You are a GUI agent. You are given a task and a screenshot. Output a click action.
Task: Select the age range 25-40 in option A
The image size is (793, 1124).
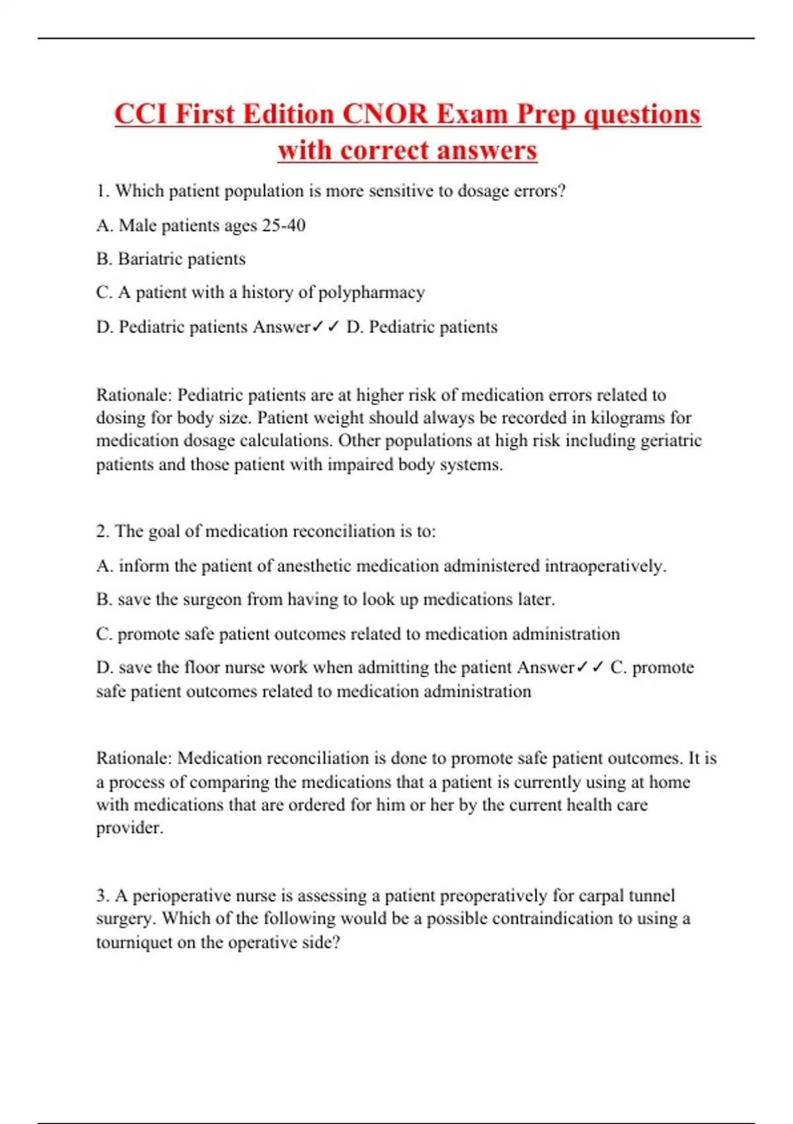tap(283, 225)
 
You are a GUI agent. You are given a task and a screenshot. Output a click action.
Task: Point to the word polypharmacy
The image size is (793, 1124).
tap(371, 292)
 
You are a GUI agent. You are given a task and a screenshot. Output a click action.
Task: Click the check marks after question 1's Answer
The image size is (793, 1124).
tap(326, 327)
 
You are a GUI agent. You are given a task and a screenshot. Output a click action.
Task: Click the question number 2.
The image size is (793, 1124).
tap(102, 532)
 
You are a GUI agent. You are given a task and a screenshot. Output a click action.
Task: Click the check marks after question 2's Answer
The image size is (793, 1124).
tap(590, 668)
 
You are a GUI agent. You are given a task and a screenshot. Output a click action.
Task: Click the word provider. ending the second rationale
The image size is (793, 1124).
tap(130, 828)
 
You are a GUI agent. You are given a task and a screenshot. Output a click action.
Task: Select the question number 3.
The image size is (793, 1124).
tap(102, 896)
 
